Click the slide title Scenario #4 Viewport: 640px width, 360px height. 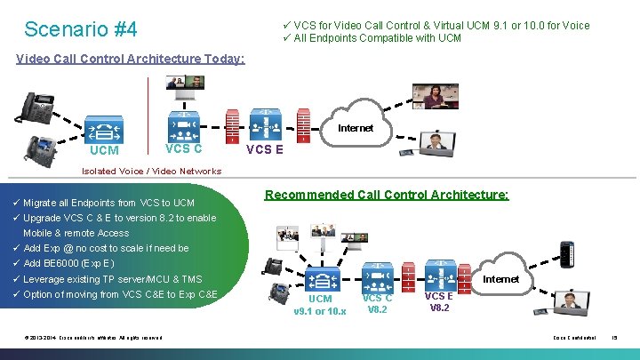pos(81,29)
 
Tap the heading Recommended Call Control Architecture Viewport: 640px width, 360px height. pos(387,194)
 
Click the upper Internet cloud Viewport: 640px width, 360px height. pos(355,127)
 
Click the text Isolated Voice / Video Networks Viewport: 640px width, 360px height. pos(151,171)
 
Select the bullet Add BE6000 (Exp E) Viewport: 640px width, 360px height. pos(68,264)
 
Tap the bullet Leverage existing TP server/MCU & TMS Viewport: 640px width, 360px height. pos(112,279)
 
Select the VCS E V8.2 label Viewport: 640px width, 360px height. pos(439,302)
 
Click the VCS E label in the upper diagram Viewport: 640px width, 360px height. pos(264,149)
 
